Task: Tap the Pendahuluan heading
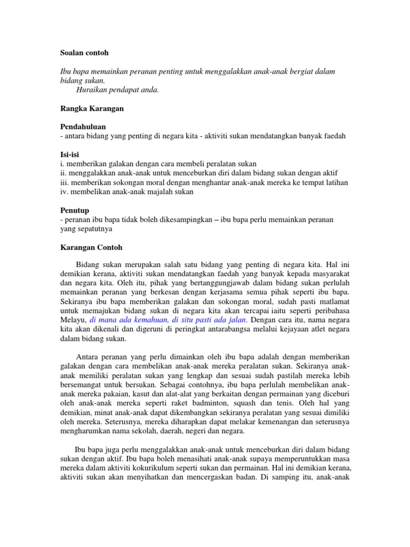click(x=82, y=127)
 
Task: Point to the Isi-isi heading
click(x=71, y=154)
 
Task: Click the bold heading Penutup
click(x=74, y=210)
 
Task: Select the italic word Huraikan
click(x=93, y=89)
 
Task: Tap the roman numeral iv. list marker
click(x=63, y=191)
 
